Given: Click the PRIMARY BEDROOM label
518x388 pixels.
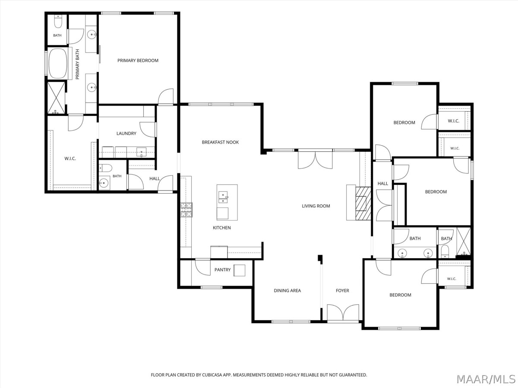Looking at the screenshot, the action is click(138, 60).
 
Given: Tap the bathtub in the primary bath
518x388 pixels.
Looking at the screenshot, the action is click(58, 64).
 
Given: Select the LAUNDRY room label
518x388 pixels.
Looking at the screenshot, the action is click(126, 133).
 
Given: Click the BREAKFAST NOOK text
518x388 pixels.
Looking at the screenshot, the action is click(220, 142).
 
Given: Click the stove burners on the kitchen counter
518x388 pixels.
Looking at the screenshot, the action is click(186, 210).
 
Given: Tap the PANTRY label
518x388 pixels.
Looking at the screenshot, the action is click(222, 270).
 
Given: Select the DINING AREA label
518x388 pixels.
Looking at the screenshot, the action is click(287, 291).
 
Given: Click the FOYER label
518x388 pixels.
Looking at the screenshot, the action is click(342, 291).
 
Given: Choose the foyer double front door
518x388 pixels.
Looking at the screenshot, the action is click(343, 313).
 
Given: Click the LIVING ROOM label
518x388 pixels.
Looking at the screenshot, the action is click(316, 206).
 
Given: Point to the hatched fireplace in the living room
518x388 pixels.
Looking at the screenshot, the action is click(363, 203).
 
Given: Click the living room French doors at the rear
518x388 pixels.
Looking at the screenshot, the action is click(315, 160).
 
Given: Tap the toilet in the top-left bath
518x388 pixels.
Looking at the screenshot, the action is click(58, 22).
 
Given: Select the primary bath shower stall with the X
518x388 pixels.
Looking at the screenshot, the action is click(57, 98).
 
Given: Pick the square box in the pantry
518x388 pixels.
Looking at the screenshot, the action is click(239, 270).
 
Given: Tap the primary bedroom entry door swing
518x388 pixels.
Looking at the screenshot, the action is click(166, 96).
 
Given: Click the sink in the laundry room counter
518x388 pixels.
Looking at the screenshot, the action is click(141, 152).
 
